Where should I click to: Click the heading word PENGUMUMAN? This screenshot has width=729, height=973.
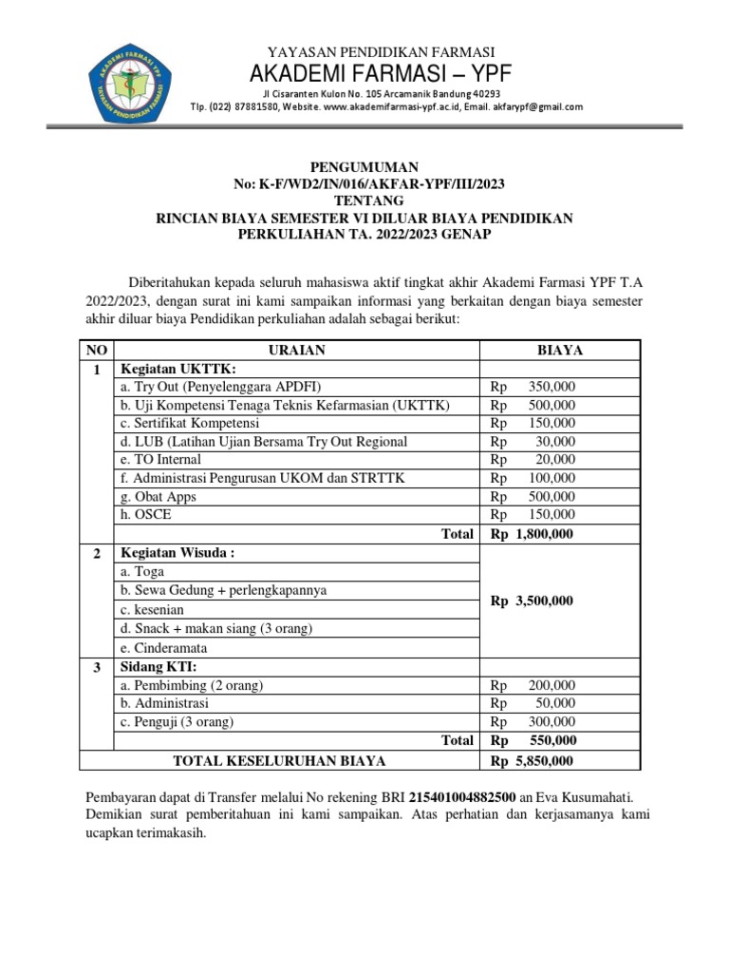[364, 166]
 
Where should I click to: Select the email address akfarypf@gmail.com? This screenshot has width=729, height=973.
[537, 107]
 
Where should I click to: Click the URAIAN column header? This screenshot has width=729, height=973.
[297, 351]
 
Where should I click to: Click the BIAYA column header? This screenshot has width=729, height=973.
[559, 351]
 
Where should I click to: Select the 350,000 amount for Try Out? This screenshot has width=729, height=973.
[551, 387]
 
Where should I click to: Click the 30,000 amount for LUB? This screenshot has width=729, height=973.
[557, 441]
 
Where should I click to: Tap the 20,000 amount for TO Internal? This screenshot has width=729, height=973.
[557, 459]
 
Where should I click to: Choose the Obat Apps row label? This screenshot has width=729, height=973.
[157, 496]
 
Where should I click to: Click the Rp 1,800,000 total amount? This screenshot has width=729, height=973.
[533, 534]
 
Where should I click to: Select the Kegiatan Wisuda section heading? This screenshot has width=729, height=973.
[176, 552]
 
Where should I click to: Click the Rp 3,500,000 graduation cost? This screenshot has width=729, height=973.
[533, 601]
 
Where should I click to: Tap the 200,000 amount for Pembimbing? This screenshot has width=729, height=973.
[551, 685]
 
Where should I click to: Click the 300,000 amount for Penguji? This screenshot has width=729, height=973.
[551, 721]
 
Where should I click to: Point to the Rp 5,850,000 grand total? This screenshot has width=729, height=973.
[533, 760]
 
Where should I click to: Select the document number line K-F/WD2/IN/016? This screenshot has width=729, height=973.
[364, 183]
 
